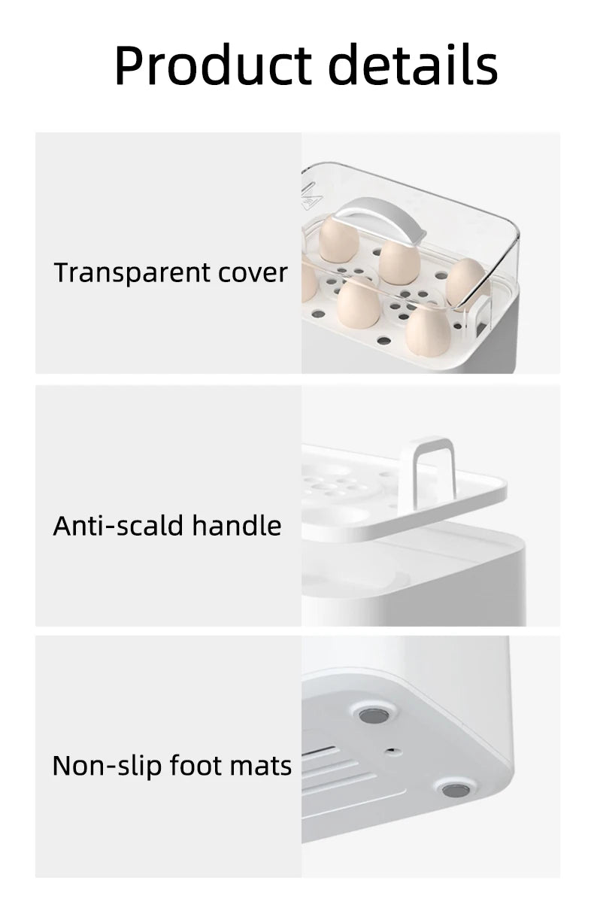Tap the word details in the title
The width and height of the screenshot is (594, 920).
click(414, 65)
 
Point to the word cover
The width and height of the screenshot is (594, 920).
click(253, 273)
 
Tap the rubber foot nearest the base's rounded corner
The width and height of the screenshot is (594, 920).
click(454, 790)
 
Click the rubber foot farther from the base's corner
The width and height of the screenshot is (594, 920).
click(373, 714)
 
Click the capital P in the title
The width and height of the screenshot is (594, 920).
click(130, 65)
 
